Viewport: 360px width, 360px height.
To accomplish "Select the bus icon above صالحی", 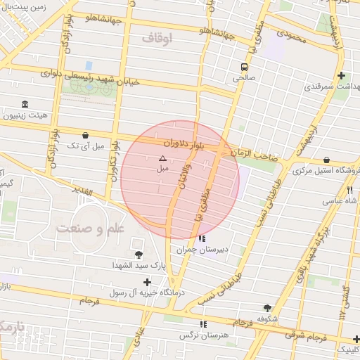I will point(244,67).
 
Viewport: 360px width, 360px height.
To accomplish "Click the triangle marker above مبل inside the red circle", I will point(162,159).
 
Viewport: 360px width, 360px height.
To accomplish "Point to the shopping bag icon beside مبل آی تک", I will point(85,135).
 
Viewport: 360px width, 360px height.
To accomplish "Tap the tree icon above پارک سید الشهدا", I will point(137,254).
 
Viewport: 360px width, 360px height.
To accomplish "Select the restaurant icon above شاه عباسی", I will point(349,190).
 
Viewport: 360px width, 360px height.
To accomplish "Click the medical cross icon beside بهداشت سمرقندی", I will point(341,76).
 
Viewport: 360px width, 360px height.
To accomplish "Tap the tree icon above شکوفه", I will point(267,308).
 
